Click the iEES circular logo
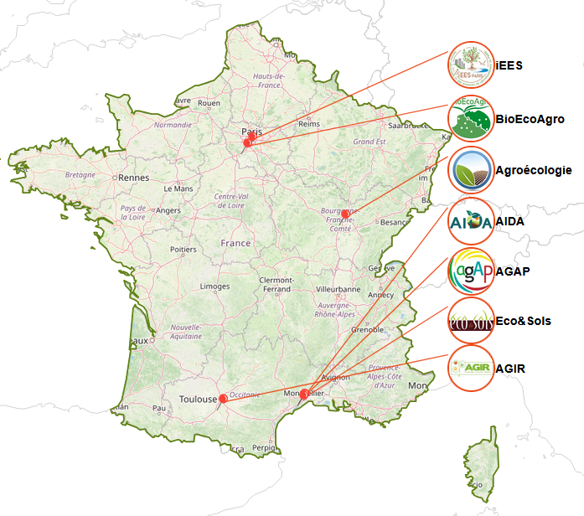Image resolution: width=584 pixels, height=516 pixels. coord(471,65)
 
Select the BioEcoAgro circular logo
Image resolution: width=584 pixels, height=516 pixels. coord(471,119)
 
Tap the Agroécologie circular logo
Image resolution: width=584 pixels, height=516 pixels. coord(471,171)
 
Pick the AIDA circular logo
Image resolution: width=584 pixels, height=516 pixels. coord(471,222)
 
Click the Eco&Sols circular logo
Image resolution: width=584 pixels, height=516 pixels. coord(471,320)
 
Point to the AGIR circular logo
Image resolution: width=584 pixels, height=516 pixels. coord(471,368)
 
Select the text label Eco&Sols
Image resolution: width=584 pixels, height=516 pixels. coord(523,321)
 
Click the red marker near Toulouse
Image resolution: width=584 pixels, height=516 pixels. coord(222,399)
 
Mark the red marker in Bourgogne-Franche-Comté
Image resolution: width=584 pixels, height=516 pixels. coord(345,214)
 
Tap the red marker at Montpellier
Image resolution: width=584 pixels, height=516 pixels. coord(303,393)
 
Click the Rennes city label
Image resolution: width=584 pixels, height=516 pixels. coord(133,178)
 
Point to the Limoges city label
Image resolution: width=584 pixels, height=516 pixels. coord(215,286)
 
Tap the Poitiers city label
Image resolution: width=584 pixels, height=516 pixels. coord(183,250)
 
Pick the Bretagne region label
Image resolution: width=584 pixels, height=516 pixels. coord(80,175)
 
